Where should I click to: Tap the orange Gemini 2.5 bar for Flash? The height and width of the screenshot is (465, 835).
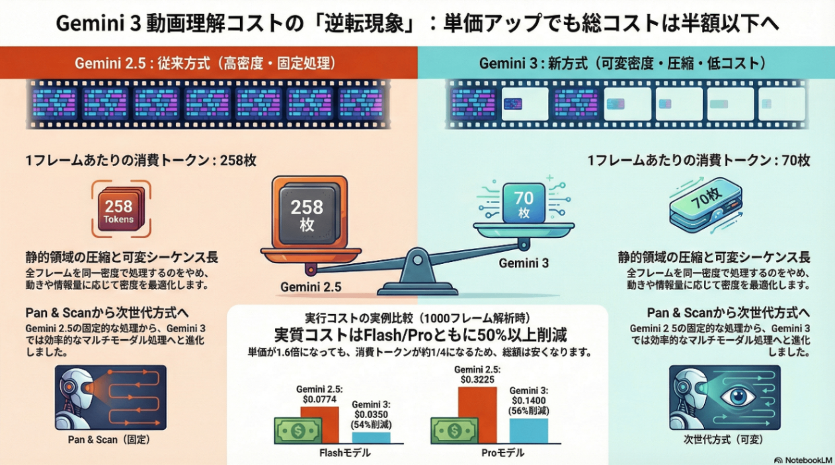coord(319,424)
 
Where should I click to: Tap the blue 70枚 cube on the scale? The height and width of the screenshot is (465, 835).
coord(524,202)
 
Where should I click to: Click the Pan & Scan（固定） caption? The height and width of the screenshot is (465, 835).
coord(108,439)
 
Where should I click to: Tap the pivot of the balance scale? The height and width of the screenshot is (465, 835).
coord(418,259)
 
